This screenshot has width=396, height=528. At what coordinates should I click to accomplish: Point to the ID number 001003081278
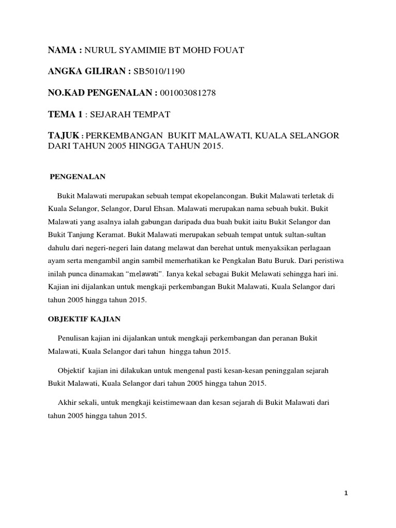pyautogui.click(x=188, y=93)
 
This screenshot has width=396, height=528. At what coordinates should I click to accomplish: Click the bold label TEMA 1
pyautogui.click(x=65, y=114)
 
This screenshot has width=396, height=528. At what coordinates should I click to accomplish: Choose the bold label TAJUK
pyautogui.click(x=63, y=135)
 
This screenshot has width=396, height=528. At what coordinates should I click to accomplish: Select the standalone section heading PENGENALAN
pyautogui.click(x=77, y=176)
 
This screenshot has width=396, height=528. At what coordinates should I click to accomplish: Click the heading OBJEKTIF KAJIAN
pyautogui.click(x=84, y=319)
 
